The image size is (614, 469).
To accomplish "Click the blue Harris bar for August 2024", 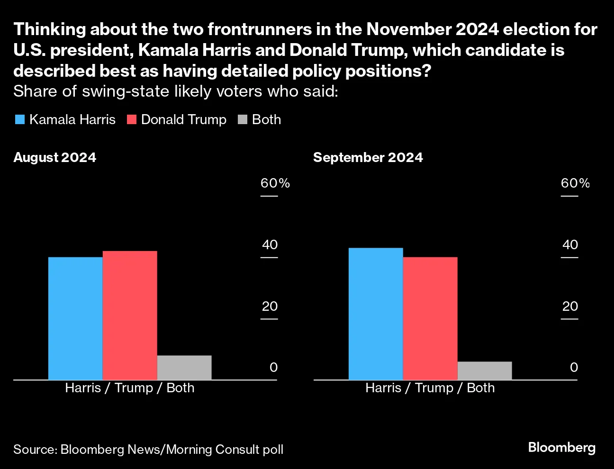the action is pos(75,318).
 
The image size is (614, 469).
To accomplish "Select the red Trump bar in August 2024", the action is pos(130,315).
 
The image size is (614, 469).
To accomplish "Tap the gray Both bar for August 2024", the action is pos(184,368).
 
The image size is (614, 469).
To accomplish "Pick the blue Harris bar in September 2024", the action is pos(376,314).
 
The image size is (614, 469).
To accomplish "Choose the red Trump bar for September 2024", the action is pos(430,318).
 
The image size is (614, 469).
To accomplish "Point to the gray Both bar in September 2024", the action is pos(485,370).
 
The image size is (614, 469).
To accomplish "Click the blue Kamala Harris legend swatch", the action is pos(20,119).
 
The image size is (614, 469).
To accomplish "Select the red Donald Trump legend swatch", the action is pos(132,119).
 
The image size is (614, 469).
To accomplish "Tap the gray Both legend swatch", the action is pos(243,119).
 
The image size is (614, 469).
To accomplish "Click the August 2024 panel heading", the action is pos(55,157).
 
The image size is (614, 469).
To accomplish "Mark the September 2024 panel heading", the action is pos(368,157).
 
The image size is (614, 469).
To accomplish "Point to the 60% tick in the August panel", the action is pos(275,183).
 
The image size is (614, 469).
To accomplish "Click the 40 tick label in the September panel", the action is pos(570,245).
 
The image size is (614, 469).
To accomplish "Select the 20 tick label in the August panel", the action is pos(270,306).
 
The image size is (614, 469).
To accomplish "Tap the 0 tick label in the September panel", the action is pos(574,367).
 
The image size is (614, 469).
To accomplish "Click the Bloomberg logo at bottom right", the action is pos(562,448).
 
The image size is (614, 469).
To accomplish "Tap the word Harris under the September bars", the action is pos(383,388).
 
